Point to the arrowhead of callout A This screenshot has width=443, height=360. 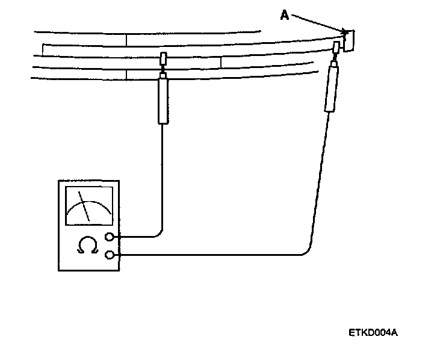tap(345, 31)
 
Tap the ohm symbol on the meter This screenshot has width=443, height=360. tap(87, 245)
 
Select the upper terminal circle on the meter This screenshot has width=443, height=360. tap(110, 237)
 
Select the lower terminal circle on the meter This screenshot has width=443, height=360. tap(110, 255)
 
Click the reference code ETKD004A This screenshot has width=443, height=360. tap(373, 332)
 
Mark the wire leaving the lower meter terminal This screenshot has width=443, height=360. tap(211, 255)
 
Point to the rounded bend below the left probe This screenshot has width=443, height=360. tap(159, 234)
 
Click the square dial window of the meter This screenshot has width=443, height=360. tap(88, 206)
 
